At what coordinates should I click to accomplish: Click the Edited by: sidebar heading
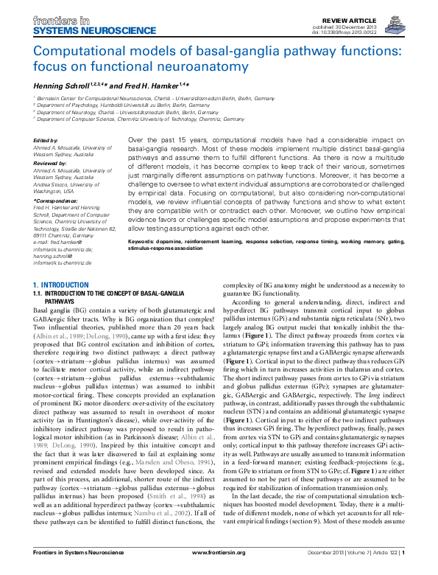pyautogui.click(x=46, y=139)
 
